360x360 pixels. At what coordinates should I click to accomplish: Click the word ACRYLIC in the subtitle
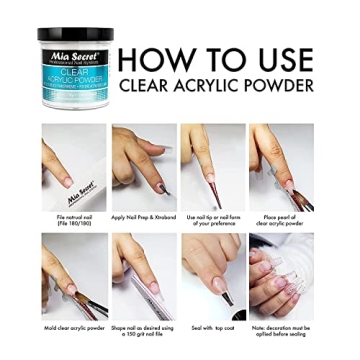(200, 87)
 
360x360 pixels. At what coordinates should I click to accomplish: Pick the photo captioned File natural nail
(75, 166)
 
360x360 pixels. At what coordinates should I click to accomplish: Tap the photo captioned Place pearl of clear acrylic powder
(280, 166)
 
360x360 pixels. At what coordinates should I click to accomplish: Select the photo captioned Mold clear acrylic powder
(75, 276)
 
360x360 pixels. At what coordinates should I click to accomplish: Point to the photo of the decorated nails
(280, 276)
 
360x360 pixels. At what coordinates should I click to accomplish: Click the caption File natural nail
(75, 219)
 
